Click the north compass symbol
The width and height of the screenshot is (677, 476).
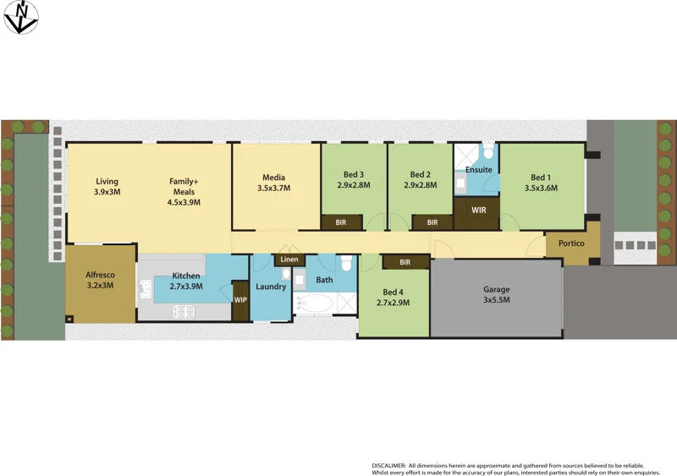coord(20,17)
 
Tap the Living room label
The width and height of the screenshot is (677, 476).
coord(107,181)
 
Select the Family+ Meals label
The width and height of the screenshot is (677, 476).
coord(184,186)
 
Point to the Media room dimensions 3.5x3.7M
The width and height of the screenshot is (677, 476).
coord(273,189)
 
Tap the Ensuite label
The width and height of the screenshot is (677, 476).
coord(479,170)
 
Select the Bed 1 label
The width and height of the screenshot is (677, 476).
coord(541,177)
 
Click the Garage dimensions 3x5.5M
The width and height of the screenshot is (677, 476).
coord(496,300)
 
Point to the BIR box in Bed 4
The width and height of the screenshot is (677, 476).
coord(405,262)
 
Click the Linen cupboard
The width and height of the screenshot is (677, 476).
coord(289,259)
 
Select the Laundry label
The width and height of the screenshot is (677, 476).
coord(271,287)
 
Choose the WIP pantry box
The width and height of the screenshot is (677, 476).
coord(241,300)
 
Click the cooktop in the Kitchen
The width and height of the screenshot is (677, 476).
coord(184,311)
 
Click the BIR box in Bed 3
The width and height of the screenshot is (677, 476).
coord(341,222)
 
